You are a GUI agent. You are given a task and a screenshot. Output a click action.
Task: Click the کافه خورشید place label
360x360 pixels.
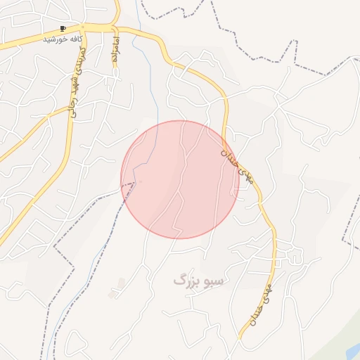click(63, 39)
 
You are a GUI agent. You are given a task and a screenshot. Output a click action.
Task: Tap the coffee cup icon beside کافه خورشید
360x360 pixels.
click(63, 28)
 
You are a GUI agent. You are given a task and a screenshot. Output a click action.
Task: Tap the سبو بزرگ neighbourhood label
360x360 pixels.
click(198, 281)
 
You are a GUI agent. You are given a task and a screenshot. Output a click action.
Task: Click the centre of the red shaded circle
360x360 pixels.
click(180, 179)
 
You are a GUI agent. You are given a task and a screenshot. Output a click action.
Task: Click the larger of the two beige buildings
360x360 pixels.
click(121, 283)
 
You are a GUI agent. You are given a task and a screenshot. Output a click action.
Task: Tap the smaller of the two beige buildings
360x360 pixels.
click(112, 293)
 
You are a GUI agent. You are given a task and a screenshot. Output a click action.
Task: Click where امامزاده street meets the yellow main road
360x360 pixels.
click(114, 28)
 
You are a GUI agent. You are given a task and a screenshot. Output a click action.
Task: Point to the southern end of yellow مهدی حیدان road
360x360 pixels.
click(241, 338)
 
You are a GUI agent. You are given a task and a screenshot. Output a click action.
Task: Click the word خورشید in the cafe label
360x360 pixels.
click(55, 39)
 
